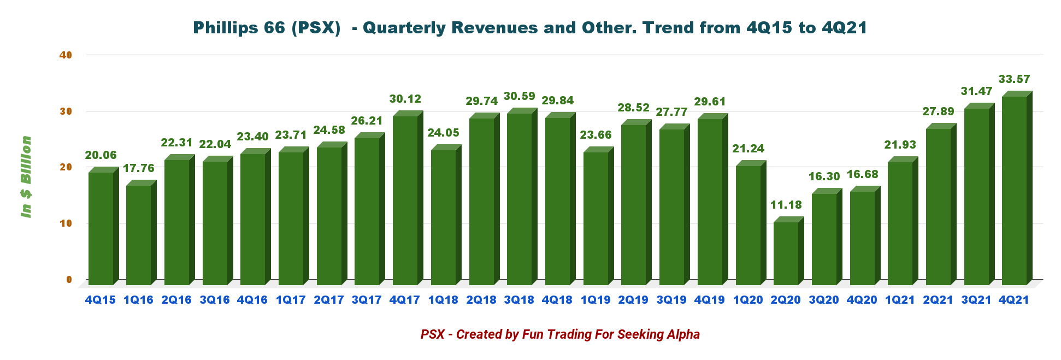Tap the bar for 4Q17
click(x=405, y=200)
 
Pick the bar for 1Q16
click(x=138, y=235)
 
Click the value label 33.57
click(x=1014, y=79)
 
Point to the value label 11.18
click(x=786, y=205)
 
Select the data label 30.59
click(x=519, y=96)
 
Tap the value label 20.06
click(x=101, y=155)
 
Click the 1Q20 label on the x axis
click(x=747, y=300)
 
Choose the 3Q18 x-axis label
click(x=519, y=300)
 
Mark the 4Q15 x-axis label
click(x=101, y=300)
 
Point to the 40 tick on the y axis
click(x=66, y=55)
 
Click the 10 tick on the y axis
click(x=66, y=223)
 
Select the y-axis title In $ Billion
click(x=26, y=176)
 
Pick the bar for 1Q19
click(x=596, y=218)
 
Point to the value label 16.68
click(x=862, y=174)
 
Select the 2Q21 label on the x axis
click(x=938, y=300)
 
